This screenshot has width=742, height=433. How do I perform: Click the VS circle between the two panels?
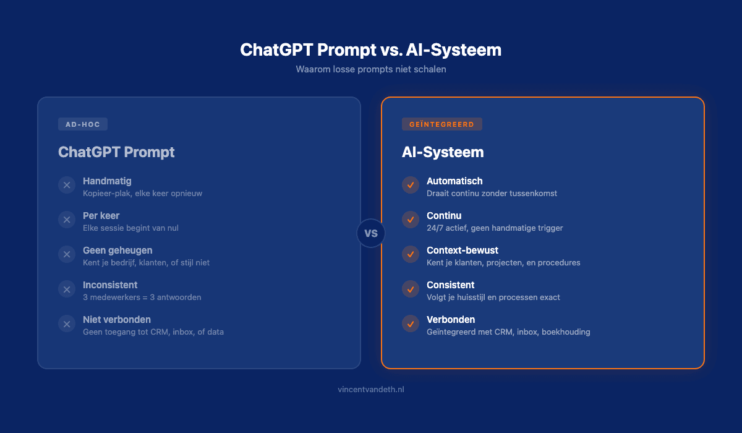[x=371, y=233]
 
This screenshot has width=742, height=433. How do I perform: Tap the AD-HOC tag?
[x=83, y=124]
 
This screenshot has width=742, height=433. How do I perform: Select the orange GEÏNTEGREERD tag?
[x=441, y=124]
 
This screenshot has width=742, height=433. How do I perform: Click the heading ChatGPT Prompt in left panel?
[x=116, y=152]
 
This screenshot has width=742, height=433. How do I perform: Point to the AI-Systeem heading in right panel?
[x=443, y=152]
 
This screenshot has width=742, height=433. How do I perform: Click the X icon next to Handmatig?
[x=67, y=185]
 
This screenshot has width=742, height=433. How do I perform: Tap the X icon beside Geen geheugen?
[x=67, y=254]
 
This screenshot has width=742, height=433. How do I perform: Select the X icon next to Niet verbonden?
[x=67, y=324]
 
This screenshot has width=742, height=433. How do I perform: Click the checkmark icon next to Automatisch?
[x=411, y=185]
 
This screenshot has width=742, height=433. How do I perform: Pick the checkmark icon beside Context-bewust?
[x=411, y=254]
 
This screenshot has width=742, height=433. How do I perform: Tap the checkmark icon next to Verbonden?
[x=411, y=324]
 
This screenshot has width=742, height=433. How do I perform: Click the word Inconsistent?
[x=110, y=285]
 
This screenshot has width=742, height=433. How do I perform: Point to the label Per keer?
[x=101, y=216]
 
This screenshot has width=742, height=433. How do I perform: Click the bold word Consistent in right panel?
[x=451, y=285]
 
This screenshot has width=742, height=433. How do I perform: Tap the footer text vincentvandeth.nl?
[x=371, y=390]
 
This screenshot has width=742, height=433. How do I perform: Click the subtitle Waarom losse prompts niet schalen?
[x=371, y=69]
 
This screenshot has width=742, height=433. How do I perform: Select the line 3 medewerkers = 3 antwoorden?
[x=142, y=298]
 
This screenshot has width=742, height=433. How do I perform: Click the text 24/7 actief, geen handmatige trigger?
[x=495, y=228]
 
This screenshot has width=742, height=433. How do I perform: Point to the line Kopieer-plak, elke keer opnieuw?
[x=143, y=194]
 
